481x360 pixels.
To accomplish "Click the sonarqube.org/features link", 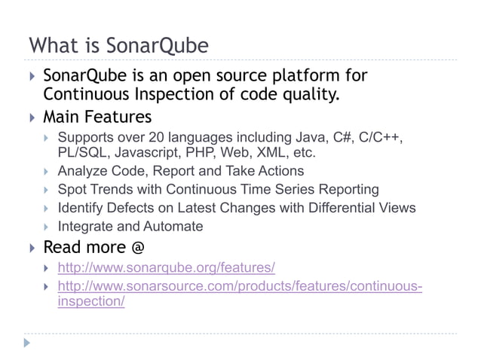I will (x=166, y=267).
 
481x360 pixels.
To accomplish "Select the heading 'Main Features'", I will (x=97, y=117).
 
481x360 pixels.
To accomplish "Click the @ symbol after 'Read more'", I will (x=138, y=248).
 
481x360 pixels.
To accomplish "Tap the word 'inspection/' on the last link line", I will (x=91, y=301).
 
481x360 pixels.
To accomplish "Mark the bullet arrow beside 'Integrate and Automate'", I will (x=47, y=226).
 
